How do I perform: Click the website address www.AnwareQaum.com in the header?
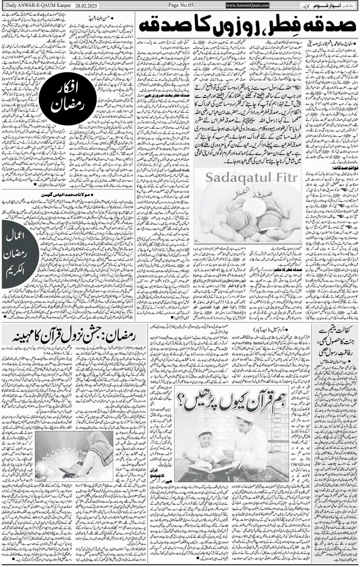pos(248,5)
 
